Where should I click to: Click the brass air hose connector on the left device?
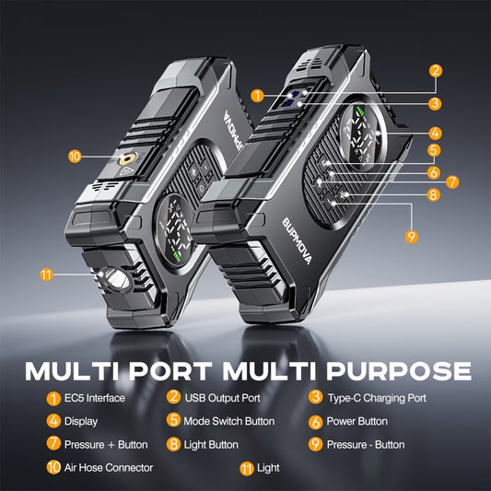[127, 158]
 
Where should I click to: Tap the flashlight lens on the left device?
[118, 279]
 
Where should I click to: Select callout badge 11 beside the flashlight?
[46, 275]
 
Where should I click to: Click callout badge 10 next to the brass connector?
[75, 157]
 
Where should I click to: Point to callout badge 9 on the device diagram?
[411, 237]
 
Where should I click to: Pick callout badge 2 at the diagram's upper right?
[436, 71]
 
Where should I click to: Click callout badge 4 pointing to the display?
[435, 133]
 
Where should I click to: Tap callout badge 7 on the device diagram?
[452, 181]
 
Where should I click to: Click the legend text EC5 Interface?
[95, 398]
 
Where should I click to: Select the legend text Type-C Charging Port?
[377, 398]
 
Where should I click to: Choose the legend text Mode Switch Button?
[228, 421]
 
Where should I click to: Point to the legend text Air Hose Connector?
[109, 468]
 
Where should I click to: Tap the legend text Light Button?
[211, 445]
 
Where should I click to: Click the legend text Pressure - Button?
[366, 445]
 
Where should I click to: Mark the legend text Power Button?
[357, 421]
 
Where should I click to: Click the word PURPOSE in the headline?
[399, 371]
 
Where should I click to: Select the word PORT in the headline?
[170, 371]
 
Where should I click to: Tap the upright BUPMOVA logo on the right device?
[297, 240]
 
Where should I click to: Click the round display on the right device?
[363, 134]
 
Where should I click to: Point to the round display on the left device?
[174, 230]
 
